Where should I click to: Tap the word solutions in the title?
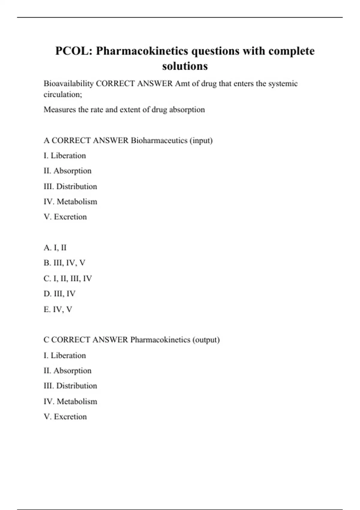click(185, 66)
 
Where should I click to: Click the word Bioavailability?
click(68, 83)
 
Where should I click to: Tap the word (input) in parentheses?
click(201, 140)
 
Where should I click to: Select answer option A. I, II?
click(55, 247)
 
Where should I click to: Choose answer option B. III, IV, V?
click(64, 263)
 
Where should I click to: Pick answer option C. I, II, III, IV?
click(67, 278)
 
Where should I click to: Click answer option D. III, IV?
click(59, 294)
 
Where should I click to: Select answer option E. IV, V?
click(58, 309)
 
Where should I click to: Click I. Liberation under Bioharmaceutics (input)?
click(64, 155)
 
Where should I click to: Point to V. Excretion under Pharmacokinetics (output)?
click(65, 416)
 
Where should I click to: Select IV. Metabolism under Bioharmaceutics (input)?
click(70, 202)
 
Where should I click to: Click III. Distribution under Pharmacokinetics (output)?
click(70, 385)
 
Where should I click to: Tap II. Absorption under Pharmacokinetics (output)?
click(67, 370)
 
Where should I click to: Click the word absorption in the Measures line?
click(187, 109)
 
